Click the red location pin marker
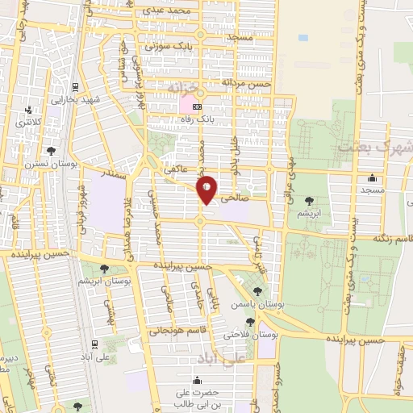pyautogui.click(x=206, y=189)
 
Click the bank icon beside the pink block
pyautogui.click(x=198, y=106)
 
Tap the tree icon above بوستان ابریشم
pyautogui.click(x=103, y=269)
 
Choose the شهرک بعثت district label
pyautogui.click(x=378, y=148)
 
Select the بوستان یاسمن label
pyautogui.click(x=257, y=306)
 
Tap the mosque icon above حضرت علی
pyautogui.click(x=197, y=379)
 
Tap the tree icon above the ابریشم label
pyautogui.click(x=309, y=200)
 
